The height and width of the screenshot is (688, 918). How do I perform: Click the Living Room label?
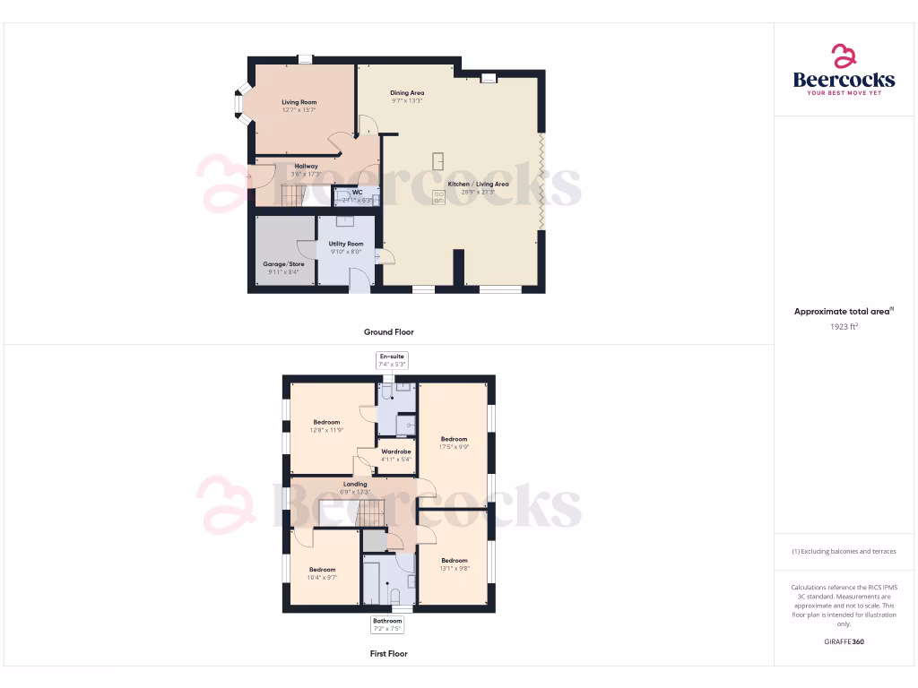click(x=299, y=102)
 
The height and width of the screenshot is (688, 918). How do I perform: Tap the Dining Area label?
click(x=407, y=92)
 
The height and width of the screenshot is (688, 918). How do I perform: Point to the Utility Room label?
click(x=346, y=244)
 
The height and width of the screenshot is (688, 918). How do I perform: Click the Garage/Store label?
click(x=283, y=264)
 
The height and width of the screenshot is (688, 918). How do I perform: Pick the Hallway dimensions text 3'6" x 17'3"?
click(x=306, y=175)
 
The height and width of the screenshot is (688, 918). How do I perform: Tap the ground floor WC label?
click(x=357, y=192)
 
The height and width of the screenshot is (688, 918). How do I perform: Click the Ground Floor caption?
click(x=389, y=331)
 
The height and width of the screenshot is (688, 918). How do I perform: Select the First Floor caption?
click(x=389, y=654)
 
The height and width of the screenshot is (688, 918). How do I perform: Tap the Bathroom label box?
click(x=388, y=624)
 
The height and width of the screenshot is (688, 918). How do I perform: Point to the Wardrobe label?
click(x=395, y=451)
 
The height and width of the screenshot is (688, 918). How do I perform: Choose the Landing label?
click(x=355, y=485)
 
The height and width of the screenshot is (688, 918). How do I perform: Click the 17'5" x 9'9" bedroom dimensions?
click(x=455, y=447)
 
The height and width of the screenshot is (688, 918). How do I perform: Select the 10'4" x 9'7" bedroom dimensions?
click(x=323, y=578)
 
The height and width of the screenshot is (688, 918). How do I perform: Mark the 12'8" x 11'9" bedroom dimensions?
click(x=326, y=430)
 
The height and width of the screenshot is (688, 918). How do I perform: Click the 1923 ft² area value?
click(x=844, y=327)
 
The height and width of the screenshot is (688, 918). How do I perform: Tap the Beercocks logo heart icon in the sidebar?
click(x=844, y=56)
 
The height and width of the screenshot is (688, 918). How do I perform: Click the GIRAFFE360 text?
click(x=844, y=641)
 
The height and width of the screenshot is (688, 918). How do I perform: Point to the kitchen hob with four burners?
click(x=439, y=196)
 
